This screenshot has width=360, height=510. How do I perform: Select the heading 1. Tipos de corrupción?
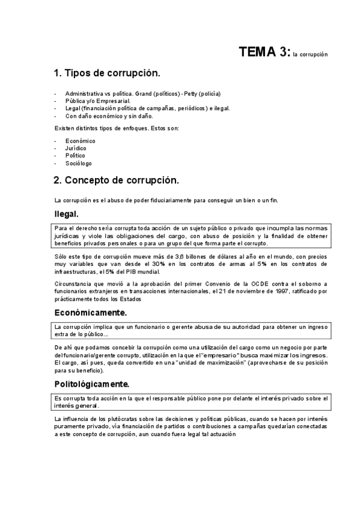106,73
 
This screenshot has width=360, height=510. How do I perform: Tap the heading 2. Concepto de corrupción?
115,180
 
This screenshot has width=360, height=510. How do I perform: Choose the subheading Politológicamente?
92,384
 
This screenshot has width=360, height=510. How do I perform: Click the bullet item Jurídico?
76,148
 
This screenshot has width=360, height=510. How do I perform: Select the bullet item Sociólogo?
78,163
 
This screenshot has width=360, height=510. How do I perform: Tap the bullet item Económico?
80,141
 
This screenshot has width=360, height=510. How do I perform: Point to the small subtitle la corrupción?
310,54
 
